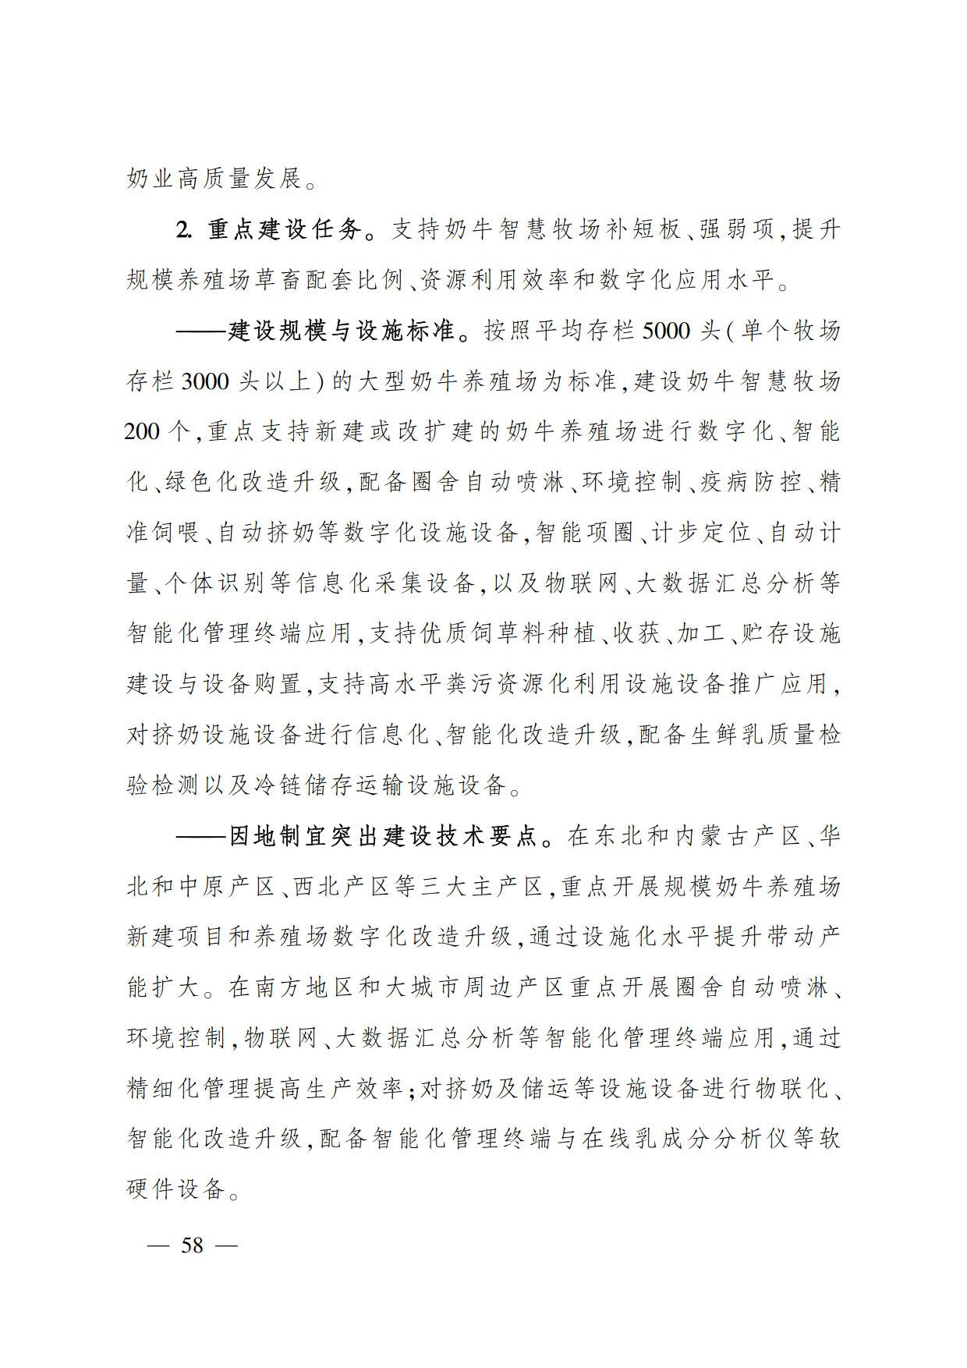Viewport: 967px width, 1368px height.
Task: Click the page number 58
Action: point(192,1245)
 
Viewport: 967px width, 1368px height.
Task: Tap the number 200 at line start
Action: point(142,431)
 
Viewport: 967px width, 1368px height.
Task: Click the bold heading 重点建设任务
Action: point(285,230)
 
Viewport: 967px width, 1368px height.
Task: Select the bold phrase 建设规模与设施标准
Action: point(341,331)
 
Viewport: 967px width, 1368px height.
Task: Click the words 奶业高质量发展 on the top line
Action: point(214,179)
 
